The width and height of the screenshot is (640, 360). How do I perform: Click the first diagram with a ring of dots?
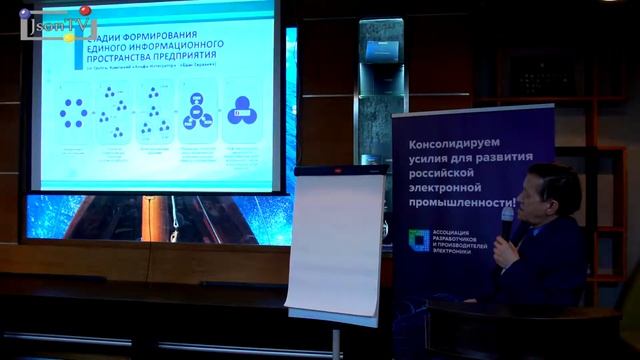click(73, 113)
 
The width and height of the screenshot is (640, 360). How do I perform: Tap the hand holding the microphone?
click(506, 249)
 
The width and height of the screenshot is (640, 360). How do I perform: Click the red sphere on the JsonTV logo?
click(85, 11)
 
